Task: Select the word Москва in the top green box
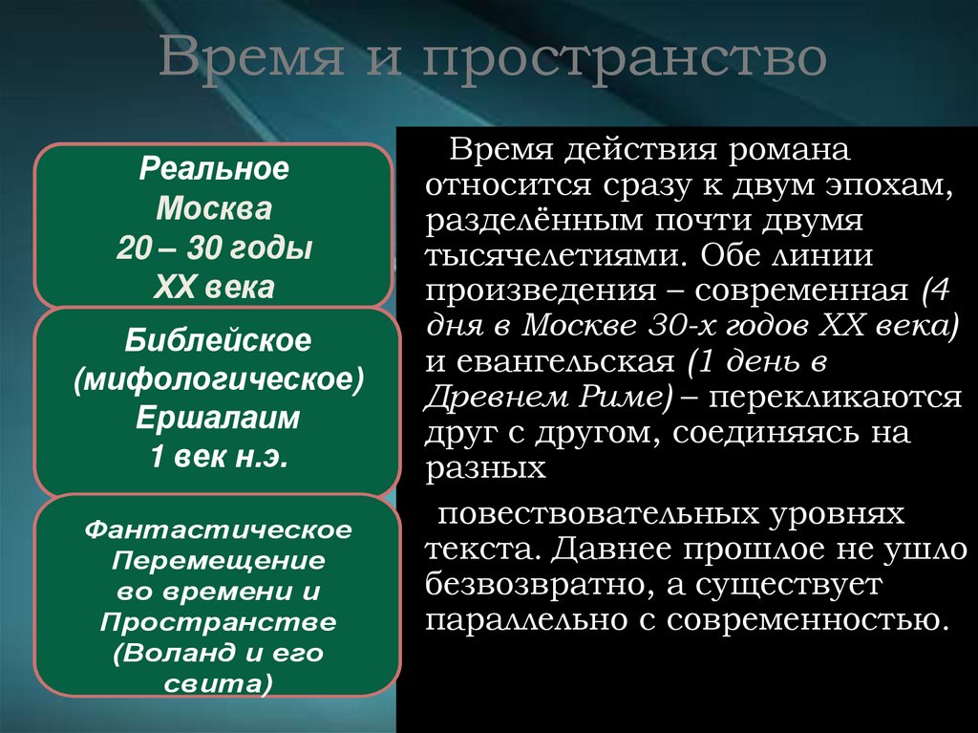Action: pyautogui.click(x=214, y=209)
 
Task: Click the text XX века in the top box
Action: pyautogui.click(x=214, y=286)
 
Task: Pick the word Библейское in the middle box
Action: pyautogui.click(x=219, y=340)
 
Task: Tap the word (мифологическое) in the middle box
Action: pyautogui.click(x=219, y=379)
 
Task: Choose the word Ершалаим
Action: pyautogui.click(x=219, y=418)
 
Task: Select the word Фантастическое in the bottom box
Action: pyautogui.click(x=219, y=528)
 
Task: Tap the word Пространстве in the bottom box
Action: pyautogui.click(x=219, y=622)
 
